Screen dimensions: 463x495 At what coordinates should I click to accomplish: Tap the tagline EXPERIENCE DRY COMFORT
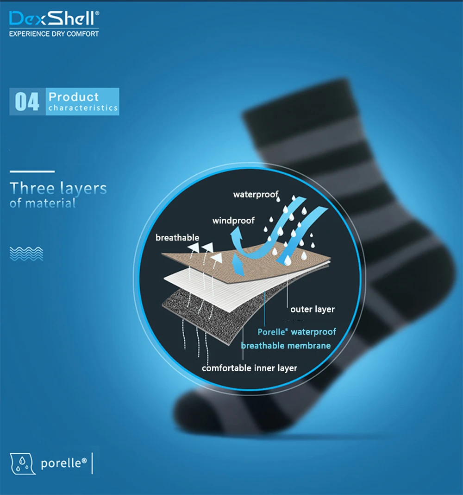pos(54,34)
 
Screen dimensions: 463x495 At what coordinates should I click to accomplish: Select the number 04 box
pos(27,102)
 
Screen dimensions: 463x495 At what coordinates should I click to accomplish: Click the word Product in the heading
pos(74,97)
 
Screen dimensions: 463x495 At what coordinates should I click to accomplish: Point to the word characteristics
pos(83,108)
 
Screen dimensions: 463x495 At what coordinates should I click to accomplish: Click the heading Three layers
pos(58,189)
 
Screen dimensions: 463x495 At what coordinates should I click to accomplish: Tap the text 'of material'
pos(43,203)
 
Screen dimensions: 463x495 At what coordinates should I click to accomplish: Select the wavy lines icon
pos(26,253)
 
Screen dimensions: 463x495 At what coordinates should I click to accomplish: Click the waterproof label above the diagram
pos(256,194)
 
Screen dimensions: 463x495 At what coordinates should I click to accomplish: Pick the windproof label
pos(233,221)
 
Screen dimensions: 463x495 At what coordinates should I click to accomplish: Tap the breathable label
pos(177,238)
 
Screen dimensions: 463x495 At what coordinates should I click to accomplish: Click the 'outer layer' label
pos(312,309)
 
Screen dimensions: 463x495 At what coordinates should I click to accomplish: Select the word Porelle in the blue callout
pos(272,332)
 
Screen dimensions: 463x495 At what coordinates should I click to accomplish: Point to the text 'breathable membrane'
pos(286,345)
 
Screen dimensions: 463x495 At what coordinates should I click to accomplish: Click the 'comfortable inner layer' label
pos(250,368)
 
